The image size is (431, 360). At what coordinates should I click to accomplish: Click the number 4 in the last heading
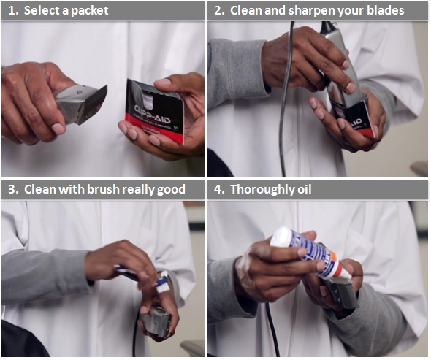click(218, 189)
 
